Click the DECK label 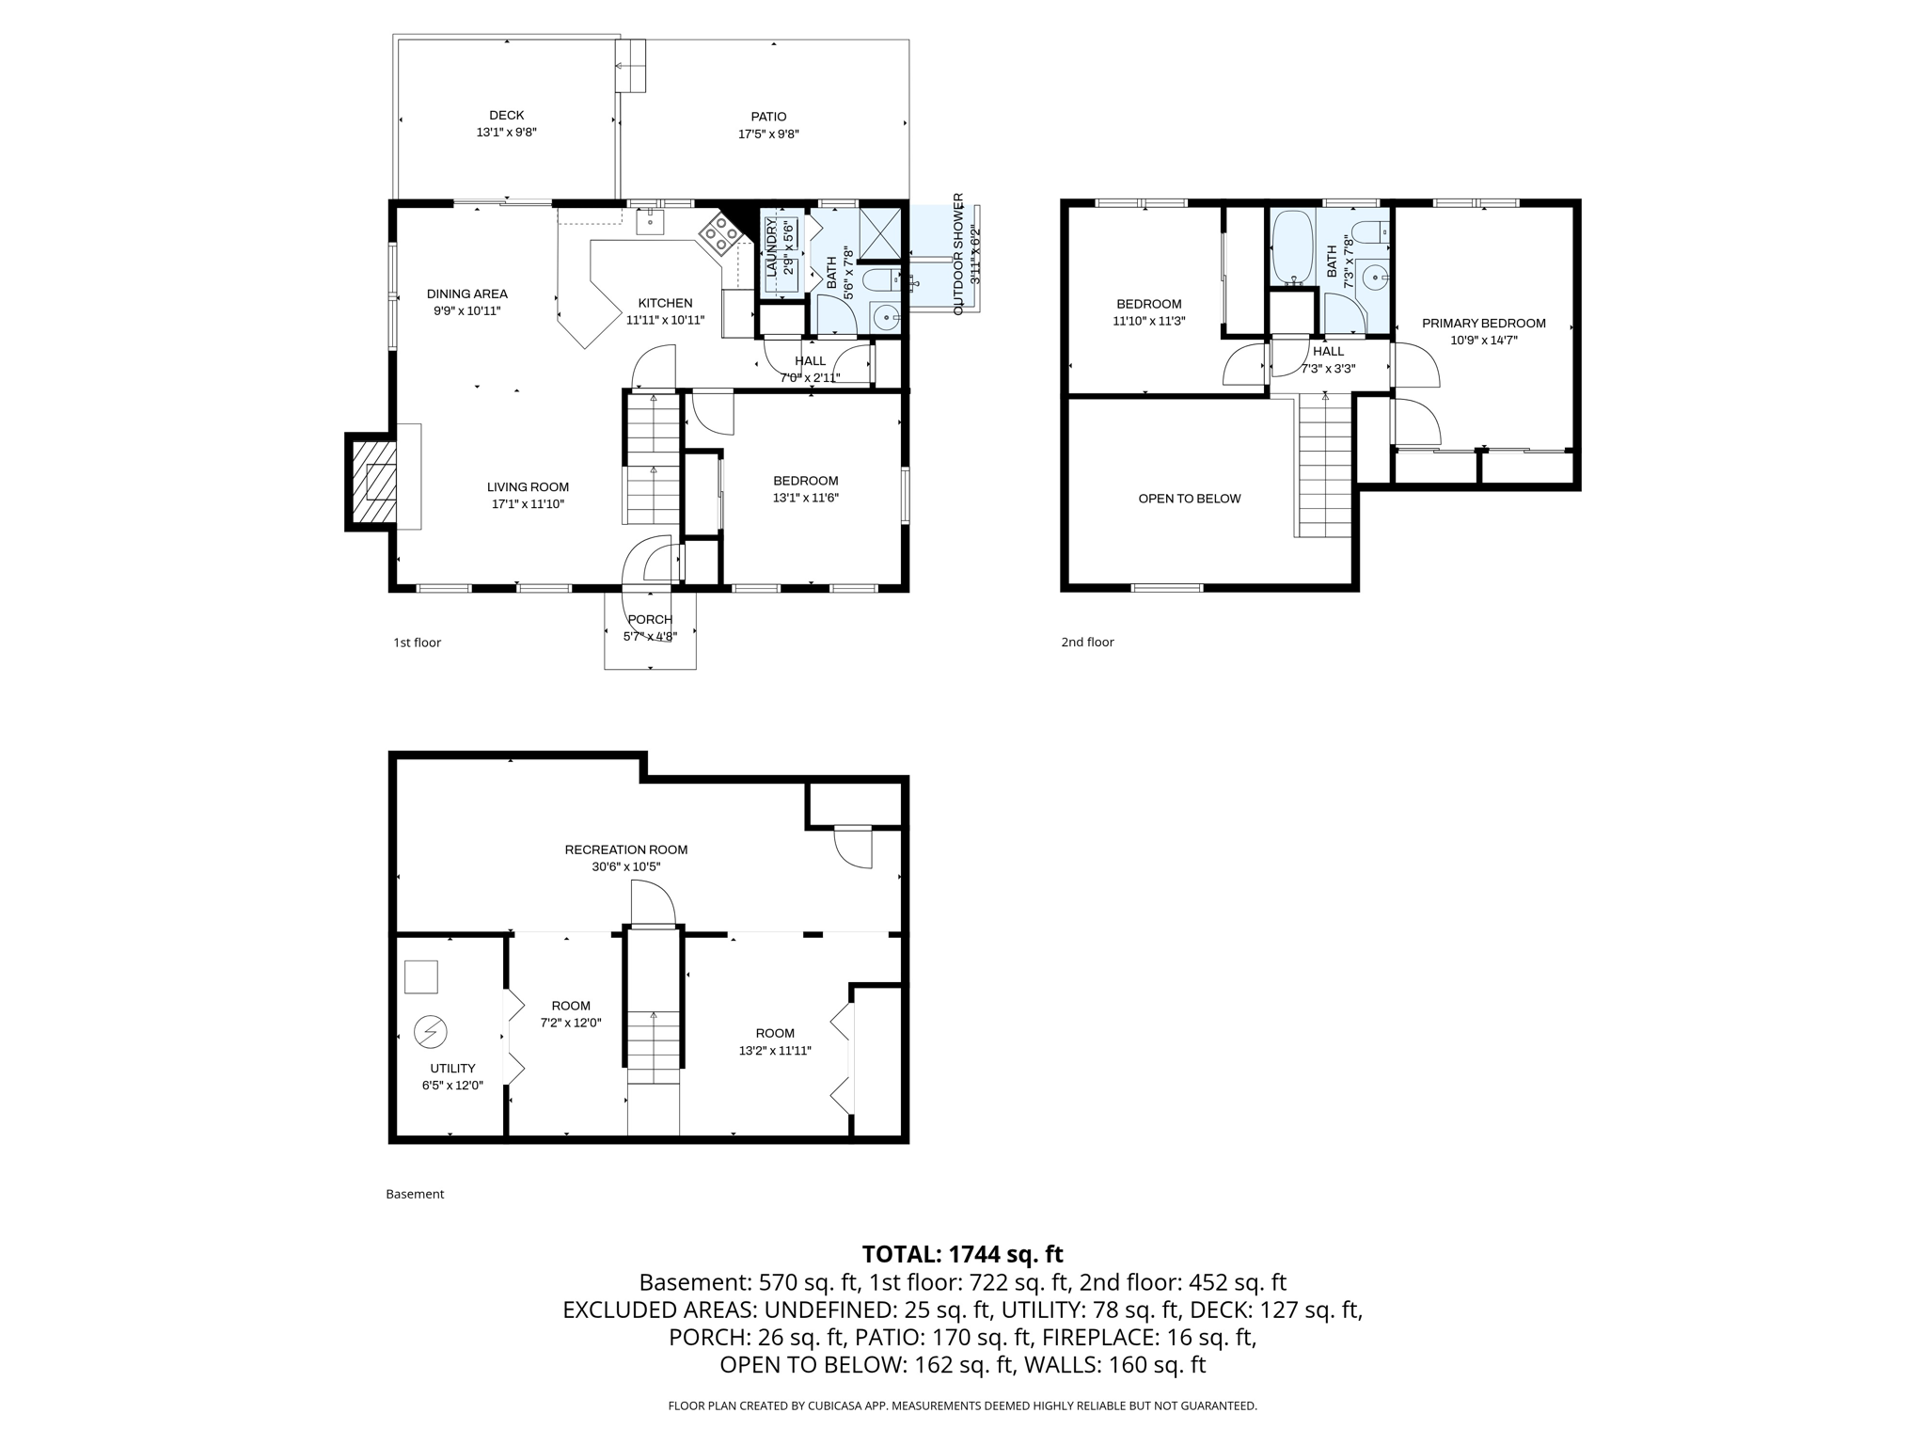click(x=507, y=116)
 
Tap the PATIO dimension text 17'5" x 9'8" click(x=768, y=135)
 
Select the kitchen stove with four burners click(x=719, y=233)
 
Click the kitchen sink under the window click(x=650, y=221)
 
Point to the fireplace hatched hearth click(x=372, y=482)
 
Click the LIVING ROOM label click(x=528, y=487)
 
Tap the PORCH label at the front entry click(x=650, y=620)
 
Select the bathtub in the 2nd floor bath click(x=1293, y=247)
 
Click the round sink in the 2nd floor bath click(x=1376, y=278)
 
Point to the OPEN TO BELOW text click(x=1190, y=499)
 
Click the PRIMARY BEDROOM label click(x=1484, y=324)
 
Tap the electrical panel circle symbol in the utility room click(x=432, y=1032)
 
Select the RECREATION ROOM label click(x=626, y=850)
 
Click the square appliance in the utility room click(x=421, y=977)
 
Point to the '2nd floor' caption click(x=1087, y=643)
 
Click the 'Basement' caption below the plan click(x=415, y=1194)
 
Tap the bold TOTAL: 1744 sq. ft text click(x=962, y=1254)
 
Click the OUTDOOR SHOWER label click(x=958, y=254)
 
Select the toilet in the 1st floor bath click(x=882, y=279)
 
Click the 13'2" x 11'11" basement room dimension click(x=775, y=1051)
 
